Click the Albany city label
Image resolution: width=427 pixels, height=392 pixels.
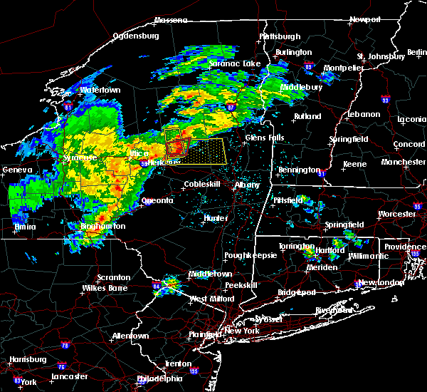(x=248, y=185)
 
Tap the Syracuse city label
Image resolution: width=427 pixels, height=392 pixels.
(x=80, y=158)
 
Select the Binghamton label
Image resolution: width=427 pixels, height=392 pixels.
(x=102, y=227)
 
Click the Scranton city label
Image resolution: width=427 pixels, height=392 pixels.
(x=113, y=277)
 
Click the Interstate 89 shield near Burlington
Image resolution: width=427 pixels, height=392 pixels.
(x=307, y=64)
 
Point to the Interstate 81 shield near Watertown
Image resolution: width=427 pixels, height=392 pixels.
(x=68, y=105)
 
